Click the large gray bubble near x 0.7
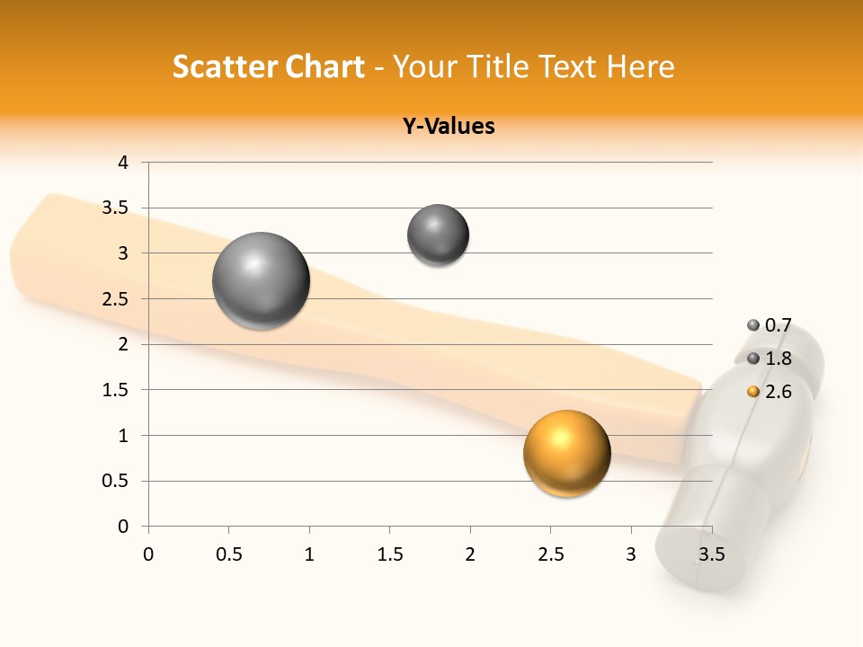[262, 280]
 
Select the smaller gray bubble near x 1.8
[438, 235]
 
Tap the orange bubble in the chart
[566, 453]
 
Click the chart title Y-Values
[449, 127]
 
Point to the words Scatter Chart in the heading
[268, 66]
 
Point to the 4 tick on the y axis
[123, 163]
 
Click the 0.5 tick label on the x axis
[228, 554]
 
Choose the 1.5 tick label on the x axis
[389, 554]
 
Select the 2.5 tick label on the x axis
[550, 554]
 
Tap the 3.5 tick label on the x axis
[711, 554]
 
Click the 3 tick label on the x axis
[630, 554]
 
